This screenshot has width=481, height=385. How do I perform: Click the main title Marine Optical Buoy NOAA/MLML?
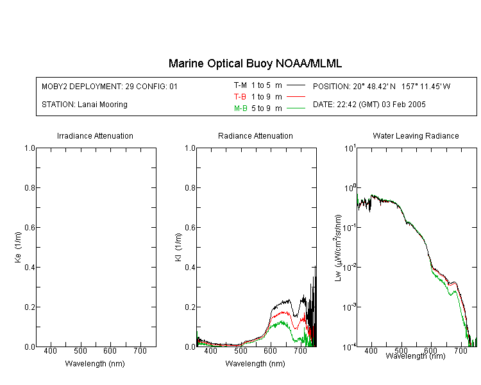[x=255, y=64]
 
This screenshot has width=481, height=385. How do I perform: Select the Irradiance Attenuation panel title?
[x=95, y=135]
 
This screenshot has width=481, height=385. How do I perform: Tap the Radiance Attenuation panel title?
[x=255, y=135]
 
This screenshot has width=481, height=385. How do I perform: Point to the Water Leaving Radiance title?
[x=416, y=135]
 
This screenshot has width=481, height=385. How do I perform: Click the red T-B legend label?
[x=240, y=97]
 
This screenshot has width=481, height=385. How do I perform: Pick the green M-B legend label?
[x=240, y=108]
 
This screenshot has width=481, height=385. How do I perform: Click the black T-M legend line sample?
[x=296, y=85]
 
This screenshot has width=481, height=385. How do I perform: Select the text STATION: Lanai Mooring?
[x=85, y=105]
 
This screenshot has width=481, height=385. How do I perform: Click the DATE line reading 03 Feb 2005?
[x=369, y=105]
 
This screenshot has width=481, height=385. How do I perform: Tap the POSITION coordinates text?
[x=382, y=86]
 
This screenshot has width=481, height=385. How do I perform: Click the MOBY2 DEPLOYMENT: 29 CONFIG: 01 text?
[x=110, y=86]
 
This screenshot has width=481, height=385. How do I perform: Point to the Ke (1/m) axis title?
[x=18, y=247]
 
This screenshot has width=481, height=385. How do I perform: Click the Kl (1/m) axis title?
[x=178, y=247]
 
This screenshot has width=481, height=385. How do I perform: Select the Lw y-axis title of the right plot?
[x=338, y=248]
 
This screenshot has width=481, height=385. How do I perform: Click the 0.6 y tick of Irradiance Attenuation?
[x=30, y=228]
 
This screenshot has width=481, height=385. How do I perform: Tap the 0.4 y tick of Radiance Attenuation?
[x=190, y=268]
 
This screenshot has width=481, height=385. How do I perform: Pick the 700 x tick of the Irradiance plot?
[x=140, y=351]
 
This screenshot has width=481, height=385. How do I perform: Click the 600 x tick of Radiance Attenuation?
[x=270, y=351]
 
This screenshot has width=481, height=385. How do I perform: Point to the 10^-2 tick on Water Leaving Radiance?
[x=350, y=268]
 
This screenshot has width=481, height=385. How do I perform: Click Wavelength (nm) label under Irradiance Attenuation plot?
[x=95, y=364]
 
